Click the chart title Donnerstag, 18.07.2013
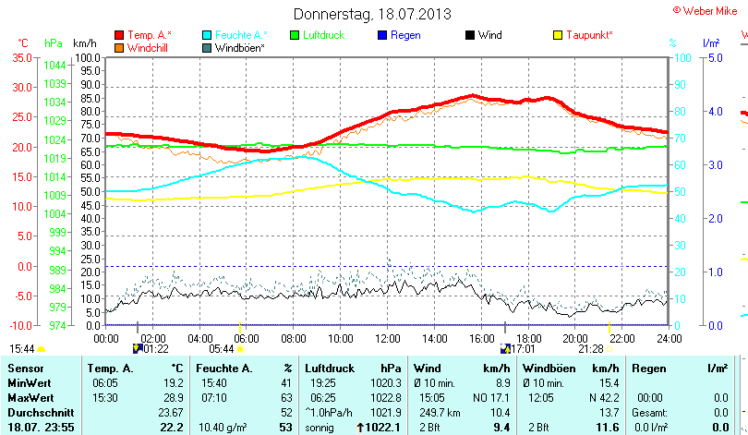pyautogui.click(x=372, y=14)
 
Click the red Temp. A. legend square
pyautogui.click(x=118, y=35)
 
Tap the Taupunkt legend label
pyautogui.click(x=589, y=35)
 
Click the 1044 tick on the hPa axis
pyautogui.click(x=54, y=65)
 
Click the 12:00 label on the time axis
pyautogui.click(x=388, y=338)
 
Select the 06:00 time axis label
pyautogui.click(x=247, y=338)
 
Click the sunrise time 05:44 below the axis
pyautogui.click(x=221, y=349)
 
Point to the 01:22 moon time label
pyautogui.click(x=155, y=349)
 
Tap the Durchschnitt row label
pyautogui.click(x=35, y=411)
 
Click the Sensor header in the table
pyautogui.click(x=26, y=369)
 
